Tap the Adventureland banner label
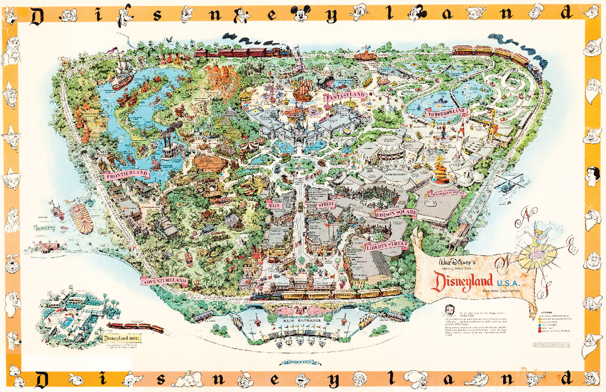(x=164, y=281)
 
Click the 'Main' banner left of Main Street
(x=276, y=205)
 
